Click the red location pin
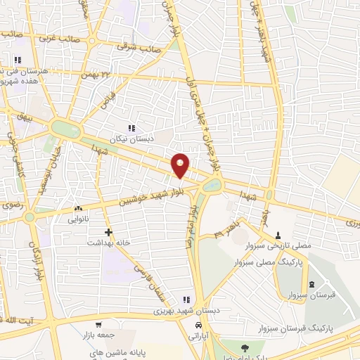[181, 165]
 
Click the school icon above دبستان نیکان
[131, 127]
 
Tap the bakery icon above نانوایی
[78, 209]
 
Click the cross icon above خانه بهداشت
[108, 231]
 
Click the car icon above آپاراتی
[200, 326]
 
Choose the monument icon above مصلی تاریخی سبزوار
[278, 235]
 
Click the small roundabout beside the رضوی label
[29, 217]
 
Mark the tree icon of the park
[244, 348]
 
